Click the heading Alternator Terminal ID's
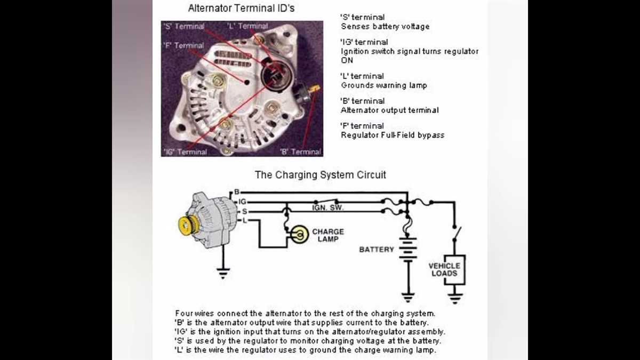[241, 9]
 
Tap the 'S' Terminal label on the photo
[185, 26]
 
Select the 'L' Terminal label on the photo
[247, 26]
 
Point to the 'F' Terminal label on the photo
[184, 45]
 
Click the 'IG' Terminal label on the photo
[185, 151]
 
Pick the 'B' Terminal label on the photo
[301, 151]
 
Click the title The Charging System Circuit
[320, 174]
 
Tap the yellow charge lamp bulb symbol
[300, 235]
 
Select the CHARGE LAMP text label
[327, 235]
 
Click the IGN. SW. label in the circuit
[327, 207]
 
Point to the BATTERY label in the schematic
[376, 250]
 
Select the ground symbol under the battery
[408, 297]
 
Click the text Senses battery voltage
[385, 26]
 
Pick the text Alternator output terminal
[389, 110]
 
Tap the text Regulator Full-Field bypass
[392, 135]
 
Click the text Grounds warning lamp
[383, 85]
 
